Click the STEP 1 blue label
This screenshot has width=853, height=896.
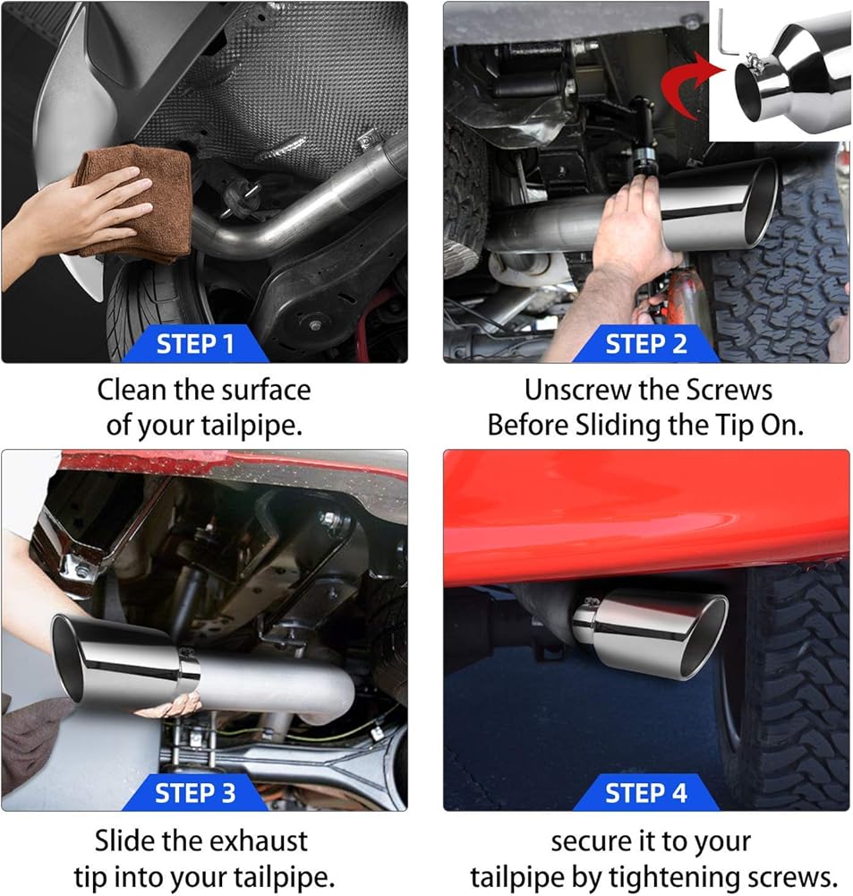[195, 343]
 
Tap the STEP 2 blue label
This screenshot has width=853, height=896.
[645, 343]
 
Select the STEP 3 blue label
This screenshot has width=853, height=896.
[195, 793]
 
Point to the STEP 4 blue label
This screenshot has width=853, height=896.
[645, 793]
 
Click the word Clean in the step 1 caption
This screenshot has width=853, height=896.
[132, 391]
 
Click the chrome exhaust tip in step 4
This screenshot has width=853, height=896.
[651, 633]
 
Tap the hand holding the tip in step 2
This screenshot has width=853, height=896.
[631, 228]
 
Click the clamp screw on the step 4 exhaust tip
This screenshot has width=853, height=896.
[591, 602]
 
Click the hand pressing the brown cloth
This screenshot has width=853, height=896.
[80, 220]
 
